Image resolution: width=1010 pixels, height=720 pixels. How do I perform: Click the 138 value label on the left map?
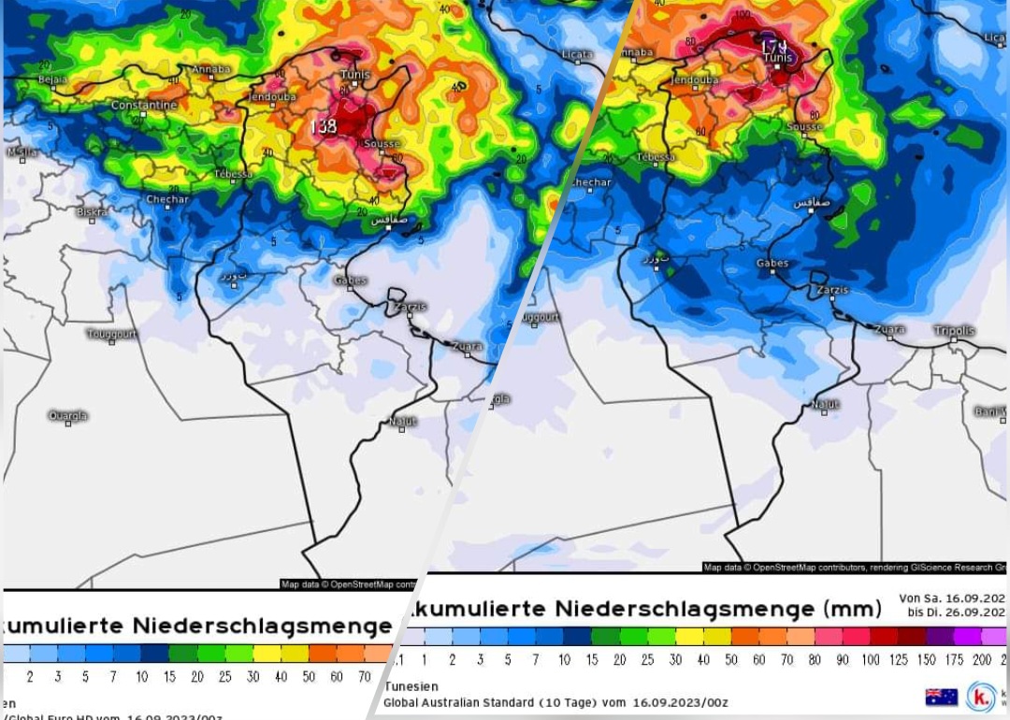(x=324, y=126)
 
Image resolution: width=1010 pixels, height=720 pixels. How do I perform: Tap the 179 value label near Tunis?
(x=773, y=46)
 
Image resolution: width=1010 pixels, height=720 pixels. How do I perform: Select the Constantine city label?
(x=144, y=106)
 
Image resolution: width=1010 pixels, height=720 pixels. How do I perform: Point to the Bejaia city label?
(x=51, y=80)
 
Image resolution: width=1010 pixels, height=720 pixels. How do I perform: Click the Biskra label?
(x=93, y=211)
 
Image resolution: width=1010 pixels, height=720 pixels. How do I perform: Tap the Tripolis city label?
(x=954, y=331)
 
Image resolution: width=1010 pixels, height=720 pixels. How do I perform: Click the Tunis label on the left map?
(x=355, y=75)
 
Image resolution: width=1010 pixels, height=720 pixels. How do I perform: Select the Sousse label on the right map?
(x=804, y=126)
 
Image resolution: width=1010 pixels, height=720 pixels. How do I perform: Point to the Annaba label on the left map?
(x=210, y=69)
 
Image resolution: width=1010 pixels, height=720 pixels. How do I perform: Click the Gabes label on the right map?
(x=772, y=264)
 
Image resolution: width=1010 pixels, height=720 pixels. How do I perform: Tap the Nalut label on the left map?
(x=402, y=421)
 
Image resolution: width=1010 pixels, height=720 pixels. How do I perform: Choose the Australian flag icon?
(x=941, y=697)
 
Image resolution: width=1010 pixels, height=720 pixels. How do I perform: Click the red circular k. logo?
(x=981, y=697)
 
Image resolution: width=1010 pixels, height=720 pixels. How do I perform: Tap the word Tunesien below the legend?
(x=411, y=685)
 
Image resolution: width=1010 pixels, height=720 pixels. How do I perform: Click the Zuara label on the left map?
(x=467, y=346)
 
